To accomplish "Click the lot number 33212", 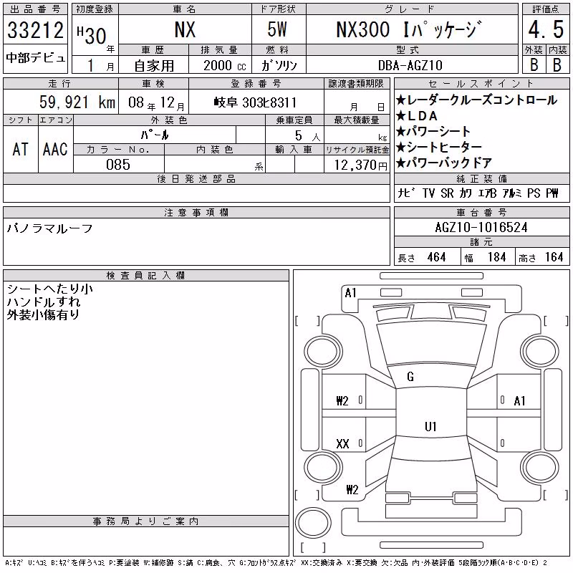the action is pos(35,29).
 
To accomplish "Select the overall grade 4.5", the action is pos(546,29).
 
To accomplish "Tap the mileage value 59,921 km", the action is pos(77,102).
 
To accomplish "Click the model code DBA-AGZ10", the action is pos(410,65).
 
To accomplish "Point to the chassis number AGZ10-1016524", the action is pos(481,227).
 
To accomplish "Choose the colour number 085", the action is pos(118,165).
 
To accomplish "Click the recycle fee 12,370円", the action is pos(361,165).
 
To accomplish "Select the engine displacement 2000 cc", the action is pos(225,65).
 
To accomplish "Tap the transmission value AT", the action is pos(20,149).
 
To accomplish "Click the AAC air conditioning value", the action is pos(55,149).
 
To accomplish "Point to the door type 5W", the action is pos(277,29).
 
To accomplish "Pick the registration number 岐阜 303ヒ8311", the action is pos(255,102).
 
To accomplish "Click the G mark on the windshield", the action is pos(410,377).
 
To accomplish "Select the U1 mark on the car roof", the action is pos(430,426).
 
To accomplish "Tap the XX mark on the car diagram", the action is pos(342,443).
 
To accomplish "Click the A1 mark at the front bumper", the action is pos(350,293).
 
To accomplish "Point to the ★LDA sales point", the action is pos(417,116).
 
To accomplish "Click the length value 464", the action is pos(436,257).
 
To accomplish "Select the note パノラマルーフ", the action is pos(49,228).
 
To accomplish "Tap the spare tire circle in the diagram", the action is pos(313,522).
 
